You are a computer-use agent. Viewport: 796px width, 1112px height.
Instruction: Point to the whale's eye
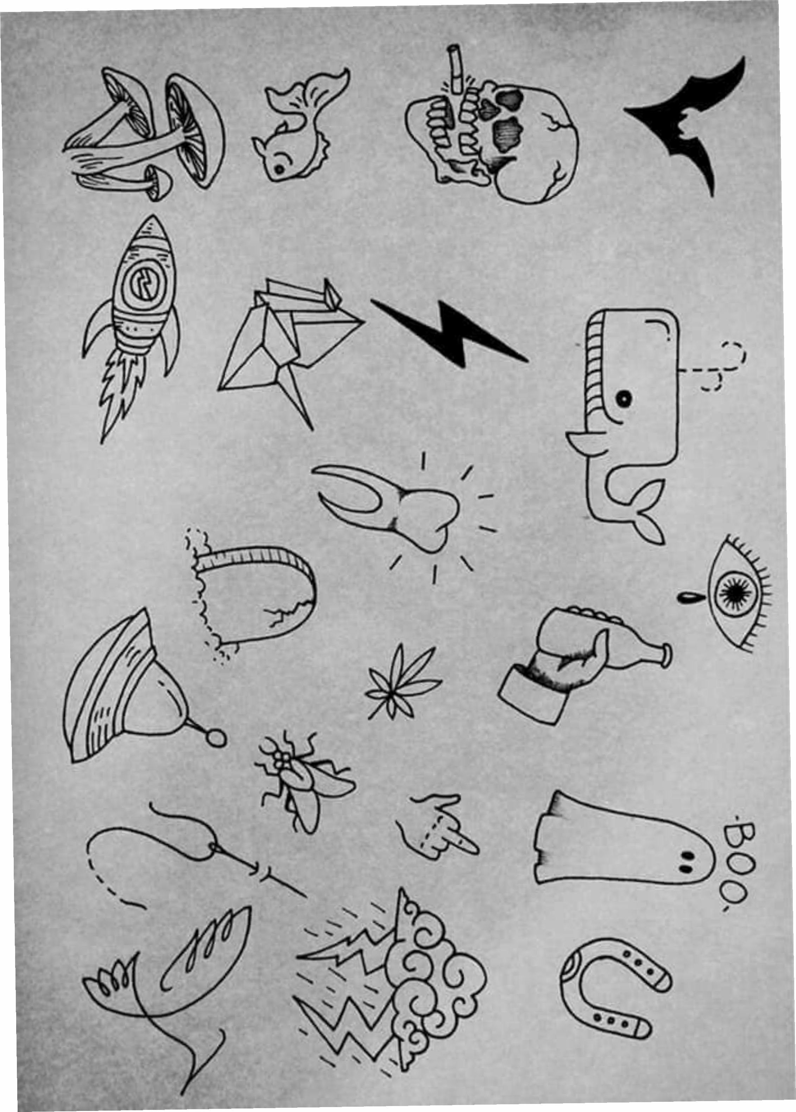(624, 399)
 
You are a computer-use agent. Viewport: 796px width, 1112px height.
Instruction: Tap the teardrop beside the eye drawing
(689, 597)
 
